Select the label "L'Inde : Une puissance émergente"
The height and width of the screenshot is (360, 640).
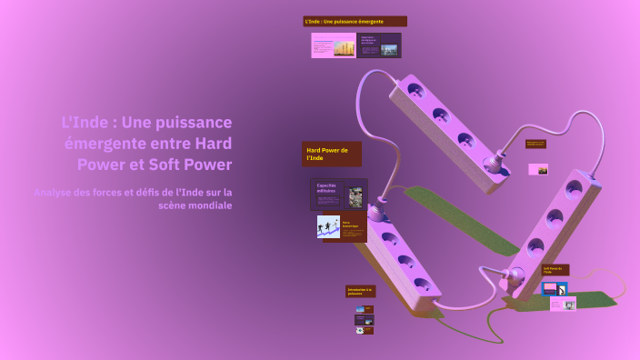point(355,21)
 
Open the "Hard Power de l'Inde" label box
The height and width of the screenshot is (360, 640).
point(331,154)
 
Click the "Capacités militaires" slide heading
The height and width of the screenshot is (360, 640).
point(327,188)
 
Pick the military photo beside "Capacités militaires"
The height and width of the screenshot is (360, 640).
point(355,195)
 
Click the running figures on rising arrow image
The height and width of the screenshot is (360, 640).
point(328,225)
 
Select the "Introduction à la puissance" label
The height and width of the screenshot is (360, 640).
point(360,292)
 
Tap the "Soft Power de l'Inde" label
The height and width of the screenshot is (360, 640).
point(555,270)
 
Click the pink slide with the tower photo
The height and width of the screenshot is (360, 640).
point(334,45)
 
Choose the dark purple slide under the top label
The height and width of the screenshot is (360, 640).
point(379,45)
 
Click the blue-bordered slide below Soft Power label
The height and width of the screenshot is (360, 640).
point(555,288)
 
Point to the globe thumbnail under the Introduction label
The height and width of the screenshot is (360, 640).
point(361,331)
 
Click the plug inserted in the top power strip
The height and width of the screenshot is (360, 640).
point(495,165)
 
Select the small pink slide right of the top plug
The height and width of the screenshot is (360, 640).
point(539,169)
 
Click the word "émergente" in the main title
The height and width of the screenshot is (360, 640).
point(100,144)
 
